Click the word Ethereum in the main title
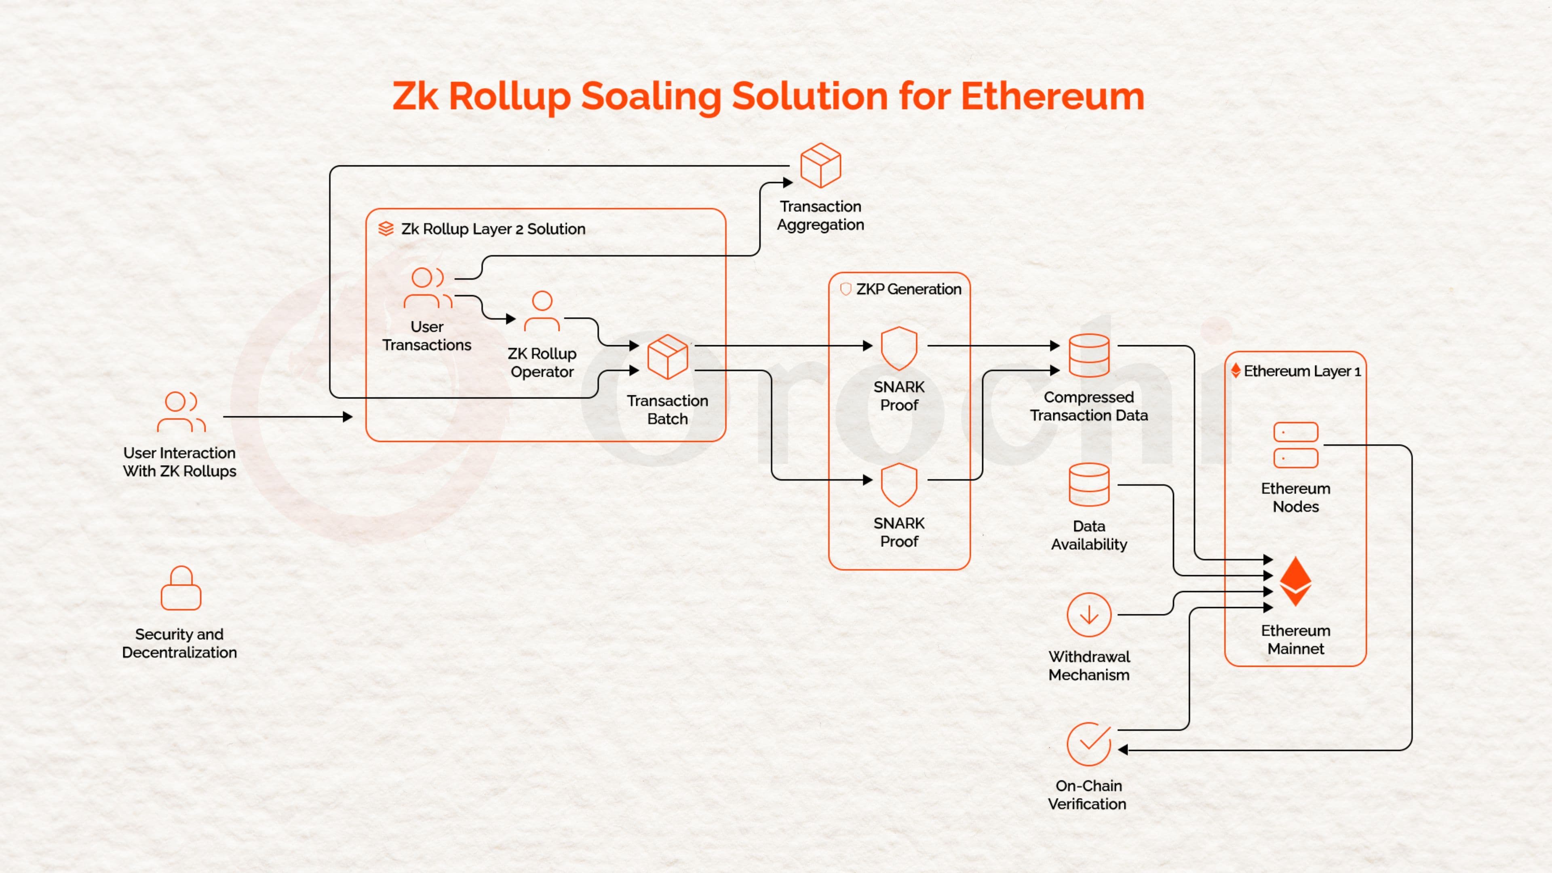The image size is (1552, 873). [1052, 97]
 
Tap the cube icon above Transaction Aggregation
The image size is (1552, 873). [820, 166]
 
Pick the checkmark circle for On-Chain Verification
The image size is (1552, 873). [1089, 744]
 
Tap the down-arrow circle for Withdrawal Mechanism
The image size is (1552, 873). [1089, 614]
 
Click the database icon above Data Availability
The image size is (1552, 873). [1089, 485]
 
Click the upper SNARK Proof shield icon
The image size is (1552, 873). [899, 348]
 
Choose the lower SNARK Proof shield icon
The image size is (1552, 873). [899, 485]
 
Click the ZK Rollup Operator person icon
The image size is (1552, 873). [542, 312]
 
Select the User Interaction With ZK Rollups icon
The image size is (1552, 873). [181, 412]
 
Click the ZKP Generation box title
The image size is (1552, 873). [909, 289]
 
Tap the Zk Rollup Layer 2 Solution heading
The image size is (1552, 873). [493, 229]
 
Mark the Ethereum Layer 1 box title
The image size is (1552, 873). [1301, 371]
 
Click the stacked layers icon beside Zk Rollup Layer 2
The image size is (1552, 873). [386, 229]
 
